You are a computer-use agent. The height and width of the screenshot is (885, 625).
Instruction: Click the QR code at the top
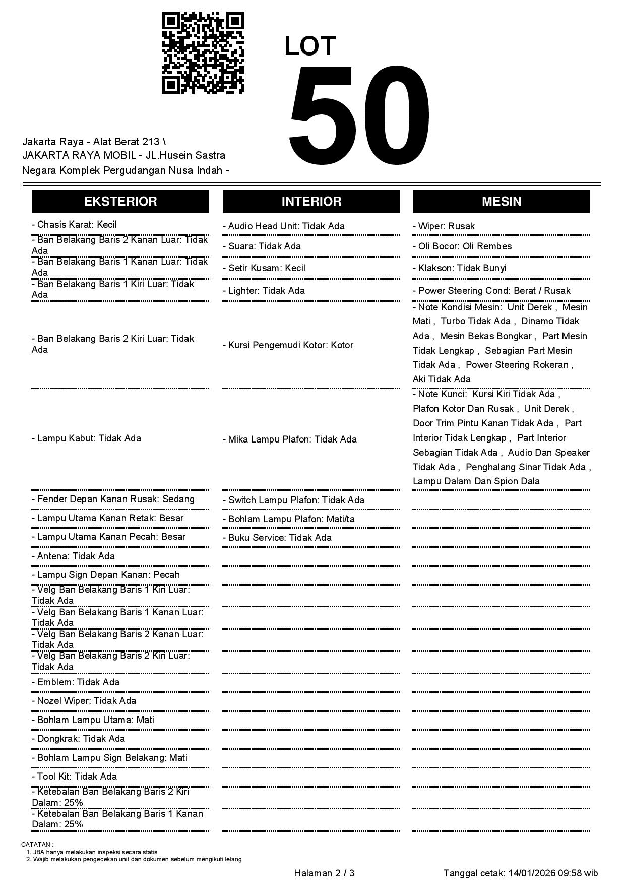pyautogui.click(x=203, y=53)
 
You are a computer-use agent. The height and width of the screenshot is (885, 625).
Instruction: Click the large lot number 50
pyautogui.click(x=359, y=116)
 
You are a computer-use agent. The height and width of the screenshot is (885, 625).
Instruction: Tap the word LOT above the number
pyautogui.click(x=310, y=46)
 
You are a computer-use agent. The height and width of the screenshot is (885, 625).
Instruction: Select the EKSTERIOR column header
pyautogui.click(x=120, y=201)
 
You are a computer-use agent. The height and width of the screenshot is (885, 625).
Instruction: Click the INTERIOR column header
pyautogui.click(x=311, y=201)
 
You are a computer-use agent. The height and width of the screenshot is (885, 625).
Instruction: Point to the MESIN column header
pyautogui.click(x=502, y=201)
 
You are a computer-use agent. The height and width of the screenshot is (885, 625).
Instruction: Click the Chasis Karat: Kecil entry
pyautogui.click(x=74, y=225)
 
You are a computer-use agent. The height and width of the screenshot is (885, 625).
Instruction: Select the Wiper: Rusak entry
pyautogui.click(x=444, y=226)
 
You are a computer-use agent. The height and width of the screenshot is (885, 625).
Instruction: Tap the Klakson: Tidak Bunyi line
pyautogui.click(x=459, y=268)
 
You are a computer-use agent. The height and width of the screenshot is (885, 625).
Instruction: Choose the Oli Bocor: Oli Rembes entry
pyautogui.click(x=462, y=246)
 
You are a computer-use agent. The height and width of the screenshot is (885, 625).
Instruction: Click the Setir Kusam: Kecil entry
pyautogui.click(x=264, y=268)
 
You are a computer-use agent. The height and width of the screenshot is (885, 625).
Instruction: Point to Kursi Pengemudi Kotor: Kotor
pyautogui.click(x=288, y=345)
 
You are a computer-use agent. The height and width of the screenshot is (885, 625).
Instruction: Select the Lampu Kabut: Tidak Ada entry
pyautogui.click(x=86, y=438)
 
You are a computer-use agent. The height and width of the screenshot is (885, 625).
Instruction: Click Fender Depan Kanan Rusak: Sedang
pyautogui.click(x=113, y=499)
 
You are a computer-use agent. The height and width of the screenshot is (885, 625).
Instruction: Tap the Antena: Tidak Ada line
pyautogui.click(x=73, y=556)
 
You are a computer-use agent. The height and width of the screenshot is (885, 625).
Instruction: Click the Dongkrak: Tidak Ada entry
pyautogui.click(x=78, y=739)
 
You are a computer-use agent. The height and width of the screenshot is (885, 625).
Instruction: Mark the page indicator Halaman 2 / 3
pyautogui.click(x=324, y=873)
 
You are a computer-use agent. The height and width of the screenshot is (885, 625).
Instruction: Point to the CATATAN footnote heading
pyautogui.click(x=37, y=844)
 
